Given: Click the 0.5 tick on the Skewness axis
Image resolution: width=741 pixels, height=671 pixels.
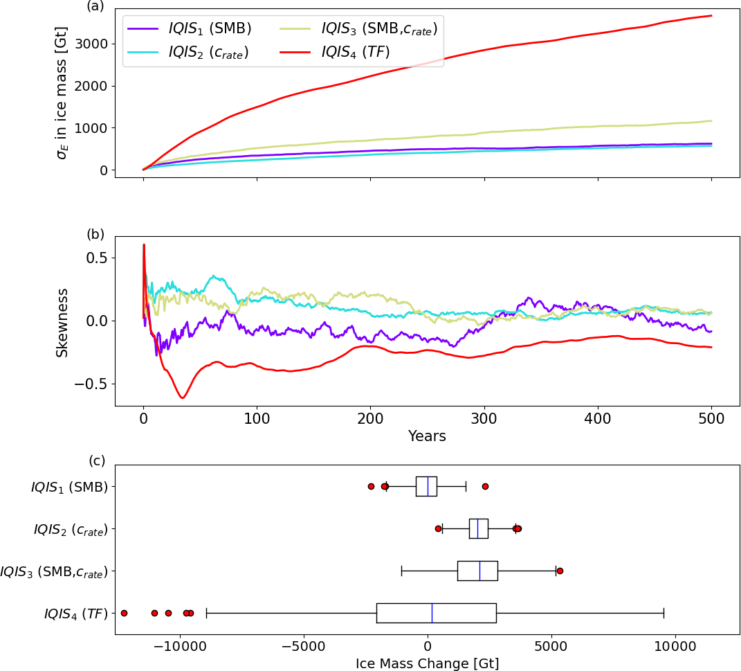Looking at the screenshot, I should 96,258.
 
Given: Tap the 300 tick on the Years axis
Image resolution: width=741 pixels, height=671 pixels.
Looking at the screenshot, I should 484,420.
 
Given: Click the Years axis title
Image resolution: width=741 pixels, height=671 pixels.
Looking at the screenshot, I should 427,436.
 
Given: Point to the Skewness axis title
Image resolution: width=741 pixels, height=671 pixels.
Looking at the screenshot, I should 63,321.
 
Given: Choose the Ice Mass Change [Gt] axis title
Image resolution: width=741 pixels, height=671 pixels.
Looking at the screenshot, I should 427,663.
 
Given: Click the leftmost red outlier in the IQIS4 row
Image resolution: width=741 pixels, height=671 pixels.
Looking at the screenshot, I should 124,613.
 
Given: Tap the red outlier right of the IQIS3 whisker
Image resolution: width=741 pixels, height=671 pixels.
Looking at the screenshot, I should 560,571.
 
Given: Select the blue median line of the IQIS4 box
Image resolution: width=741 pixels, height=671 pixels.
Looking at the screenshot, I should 432,613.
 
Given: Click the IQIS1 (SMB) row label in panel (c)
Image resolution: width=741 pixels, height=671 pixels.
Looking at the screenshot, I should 69,487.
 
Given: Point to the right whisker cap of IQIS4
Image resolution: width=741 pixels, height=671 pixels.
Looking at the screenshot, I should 664,613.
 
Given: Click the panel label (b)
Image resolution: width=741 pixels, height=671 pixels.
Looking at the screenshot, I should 95,234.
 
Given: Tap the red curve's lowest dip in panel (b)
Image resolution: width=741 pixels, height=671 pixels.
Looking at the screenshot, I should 183,397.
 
